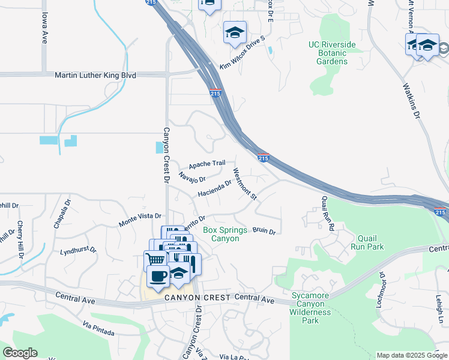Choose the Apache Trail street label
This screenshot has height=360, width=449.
pos(206,164)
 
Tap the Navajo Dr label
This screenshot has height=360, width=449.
pos(192,177)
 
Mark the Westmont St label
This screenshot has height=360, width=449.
pos(244,184)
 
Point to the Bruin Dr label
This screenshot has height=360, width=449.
pos(264,230)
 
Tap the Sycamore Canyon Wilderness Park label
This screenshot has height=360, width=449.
pos(310,304)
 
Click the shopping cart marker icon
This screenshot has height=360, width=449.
pos(155,260)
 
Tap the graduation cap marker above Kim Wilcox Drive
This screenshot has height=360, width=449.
pos(235,31)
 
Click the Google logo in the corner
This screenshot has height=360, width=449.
pos(20,353)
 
